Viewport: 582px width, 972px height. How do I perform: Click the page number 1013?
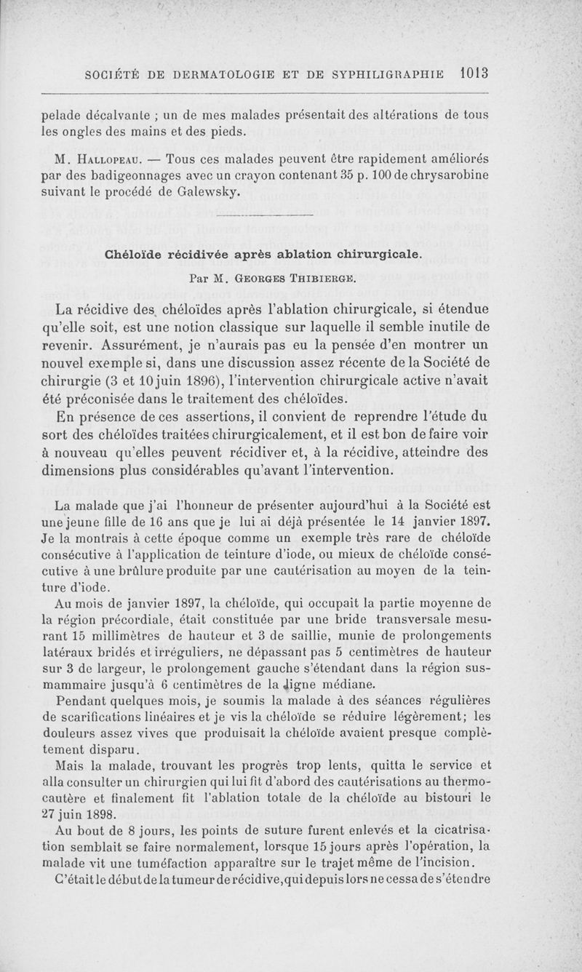(x=473, y=73)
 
